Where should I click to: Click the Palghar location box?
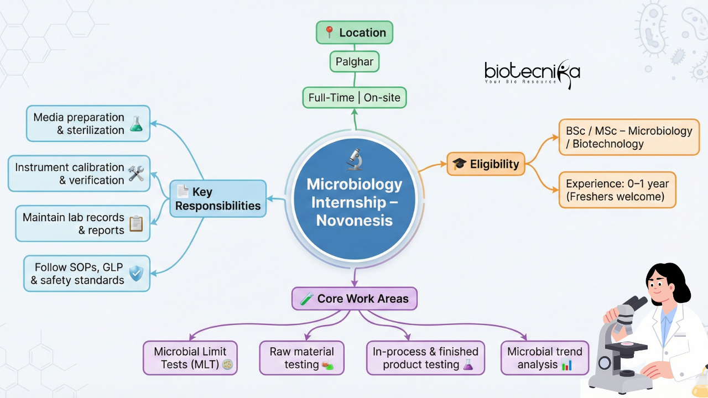pos(355,61)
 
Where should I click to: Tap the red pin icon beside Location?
pos(330,33)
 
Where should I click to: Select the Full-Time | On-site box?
pos(355,98)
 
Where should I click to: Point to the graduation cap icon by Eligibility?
pos(460,164)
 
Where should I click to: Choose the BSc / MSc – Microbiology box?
pos(629,137)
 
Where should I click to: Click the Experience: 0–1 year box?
pos(617,190)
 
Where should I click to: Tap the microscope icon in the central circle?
pos(354,159)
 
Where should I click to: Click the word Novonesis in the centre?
pos(355,220)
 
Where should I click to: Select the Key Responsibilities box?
pos(218,199)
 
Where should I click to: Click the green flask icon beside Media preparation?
pos(136,124)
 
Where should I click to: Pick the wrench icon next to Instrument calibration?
pos(136,174)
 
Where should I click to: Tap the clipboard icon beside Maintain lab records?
pos(136,223)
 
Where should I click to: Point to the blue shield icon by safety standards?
pos(136,273)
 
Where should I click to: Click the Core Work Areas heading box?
pos(355,299)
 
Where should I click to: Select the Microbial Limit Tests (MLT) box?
pos(190,358)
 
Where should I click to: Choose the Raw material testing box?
pos(301,358)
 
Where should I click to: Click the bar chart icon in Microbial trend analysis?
pos(566,365)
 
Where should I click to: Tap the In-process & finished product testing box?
pos(425,358)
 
